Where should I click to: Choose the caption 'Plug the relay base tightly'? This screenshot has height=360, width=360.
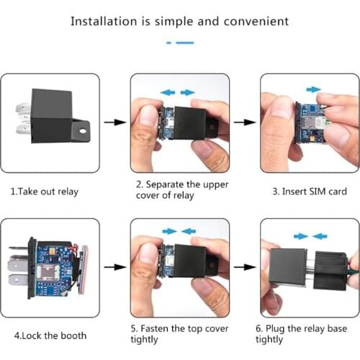(x=302, y=334)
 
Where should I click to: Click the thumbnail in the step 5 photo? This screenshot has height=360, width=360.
(x=148, y=256)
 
